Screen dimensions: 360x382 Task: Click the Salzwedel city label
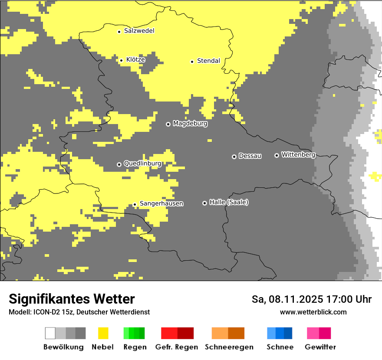pos(139,31)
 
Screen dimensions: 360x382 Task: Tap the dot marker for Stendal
pos(192,62)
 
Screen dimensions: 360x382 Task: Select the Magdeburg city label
pos(190,124)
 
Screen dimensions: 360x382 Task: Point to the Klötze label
pos(135,59)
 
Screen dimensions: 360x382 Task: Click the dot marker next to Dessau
pos(234,157)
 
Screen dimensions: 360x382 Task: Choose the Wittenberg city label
pos(298,154)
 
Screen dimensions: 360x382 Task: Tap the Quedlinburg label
pos(142,164)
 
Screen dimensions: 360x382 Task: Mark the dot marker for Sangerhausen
pos(135,204)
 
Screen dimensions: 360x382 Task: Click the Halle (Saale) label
pos(229,202)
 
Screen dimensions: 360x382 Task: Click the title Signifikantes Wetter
pos(72,299)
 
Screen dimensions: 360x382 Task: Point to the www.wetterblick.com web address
pos(313,312)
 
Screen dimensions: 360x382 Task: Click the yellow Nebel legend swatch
pos(103,333)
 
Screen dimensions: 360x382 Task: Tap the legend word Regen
pos(135,347)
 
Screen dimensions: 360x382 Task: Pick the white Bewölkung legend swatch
pos(50,333)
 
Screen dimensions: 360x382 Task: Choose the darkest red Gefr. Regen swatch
pos(185,333)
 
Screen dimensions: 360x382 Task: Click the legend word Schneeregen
pos(229,347)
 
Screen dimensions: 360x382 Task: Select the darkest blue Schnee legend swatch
pos(288,333)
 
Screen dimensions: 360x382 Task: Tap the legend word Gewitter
pos(320,347)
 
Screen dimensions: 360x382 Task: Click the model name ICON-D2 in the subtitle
pos(46,312)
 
